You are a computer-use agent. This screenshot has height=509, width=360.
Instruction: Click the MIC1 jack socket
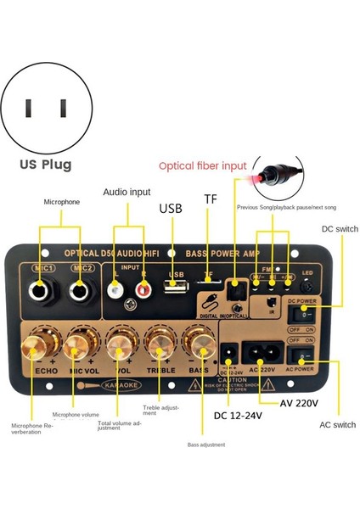pos(38,293)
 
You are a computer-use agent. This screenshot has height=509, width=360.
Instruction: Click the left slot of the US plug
pos(29,108)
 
